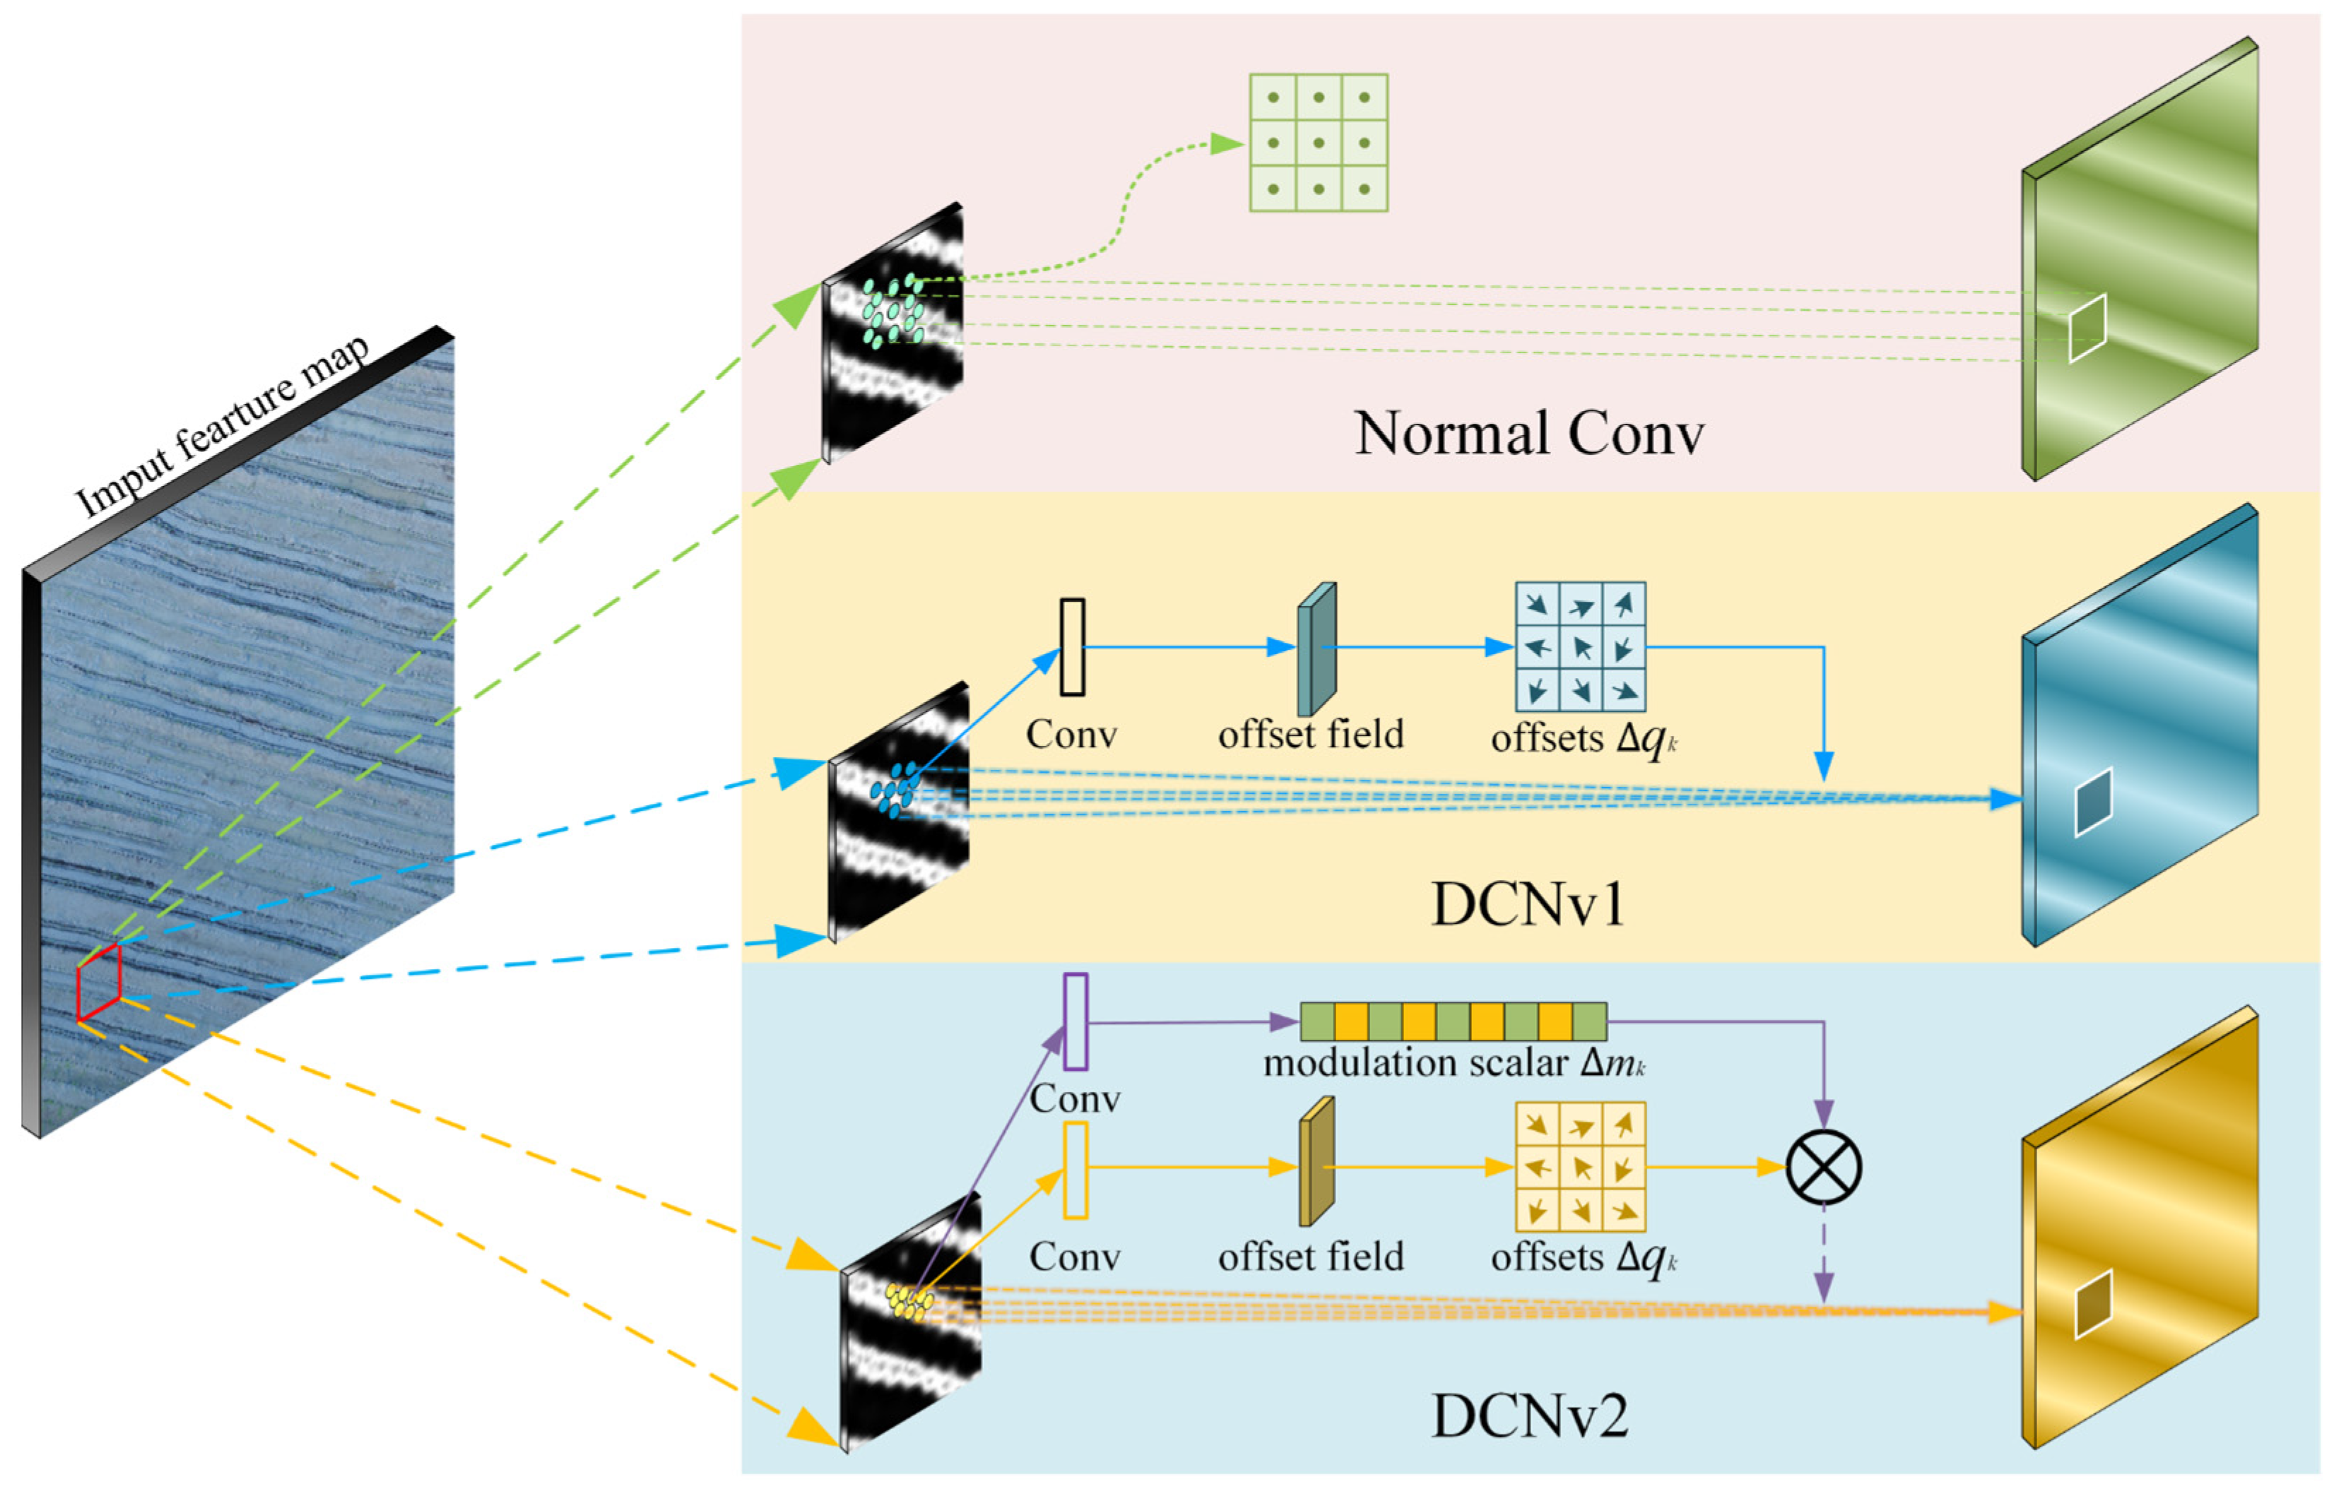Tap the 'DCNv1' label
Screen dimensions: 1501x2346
1528,905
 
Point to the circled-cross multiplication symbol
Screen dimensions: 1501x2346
1822,1167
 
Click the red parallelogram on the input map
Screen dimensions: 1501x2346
98,982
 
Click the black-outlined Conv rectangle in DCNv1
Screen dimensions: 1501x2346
1071,646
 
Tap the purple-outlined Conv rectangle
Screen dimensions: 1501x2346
1075,1021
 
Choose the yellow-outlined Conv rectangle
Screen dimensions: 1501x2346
1075,1170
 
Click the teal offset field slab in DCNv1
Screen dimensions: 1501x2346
1315,649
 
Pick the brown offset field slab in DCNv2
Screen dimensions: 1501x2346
1315,1162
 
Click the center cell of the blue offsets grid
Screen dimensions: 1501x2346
1579,647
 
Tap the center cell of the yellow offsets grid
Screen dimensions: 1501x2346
1579,1167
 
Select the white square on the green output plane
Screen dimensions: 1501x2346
2087,328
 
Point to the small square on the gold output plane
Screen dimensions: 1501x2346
2092,1303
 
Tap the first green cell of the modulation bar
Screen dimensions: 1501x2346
1316,1021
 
